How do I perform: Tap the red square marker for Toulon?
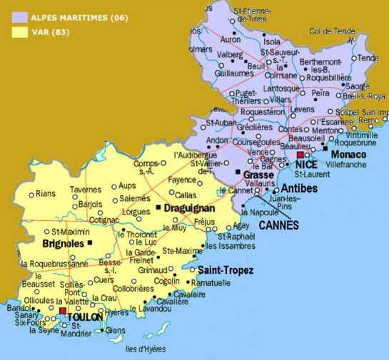coord(63,311)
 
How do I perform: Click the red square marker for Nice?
coord(300,154)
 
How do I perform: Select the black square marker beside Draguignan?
coord(158,207)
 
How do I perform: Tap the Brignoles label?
coord(63,243)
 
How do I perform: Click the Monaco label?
coord(349,155)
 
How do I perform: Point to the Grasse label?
coord(258,175)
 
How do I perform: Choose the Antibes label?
coord(299,188)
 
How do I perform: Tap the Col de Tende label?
coord(332,31)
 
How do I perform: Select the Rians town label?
coord(46,193)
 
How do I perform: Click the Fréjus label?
coord(204,222)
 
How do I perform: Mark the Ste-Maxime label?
coord(182,251)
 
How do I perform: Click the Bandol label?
coord(19,308)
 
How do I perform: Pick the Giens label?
coord(114,330)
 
